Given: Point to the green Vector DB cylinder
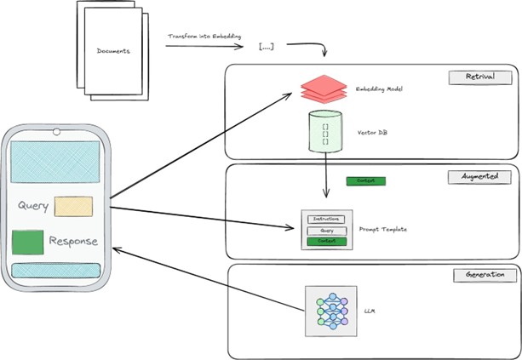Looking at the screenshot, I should (324, 132).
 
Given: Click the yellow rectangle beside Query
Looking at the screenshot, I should (73, 207).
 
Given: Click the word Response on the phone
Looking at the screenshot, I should (73, 241).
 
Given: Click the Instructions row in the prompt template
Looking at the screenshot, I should (327, 220).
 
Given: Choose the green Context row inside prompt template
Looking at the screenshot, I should (327, 242).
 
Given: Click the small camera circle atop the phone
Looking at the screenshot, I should (57, 131).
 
